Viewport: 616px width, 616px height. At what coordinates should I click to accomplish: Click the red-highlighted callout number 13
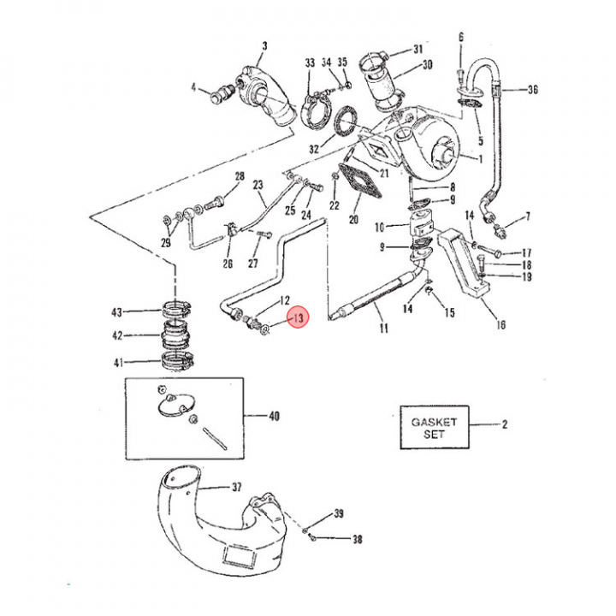(298, 319)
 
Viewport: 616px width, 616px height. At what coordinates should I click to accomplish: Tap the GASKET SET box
(434, 428)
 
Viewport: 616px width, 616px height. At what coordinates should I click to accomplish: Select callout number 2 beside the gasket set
(505, 424)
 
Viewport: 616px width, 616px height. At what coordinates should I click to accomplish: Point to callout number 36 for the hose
(532, 89)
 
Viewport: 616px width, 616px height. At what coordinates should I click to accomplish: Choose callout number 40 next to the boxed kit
(274, 417)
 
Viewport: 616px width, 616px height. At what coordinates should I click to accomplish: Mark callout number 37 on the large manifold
(237, 488)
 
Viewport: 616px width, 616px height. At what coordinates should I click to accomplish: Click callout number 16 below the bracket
(500, 325)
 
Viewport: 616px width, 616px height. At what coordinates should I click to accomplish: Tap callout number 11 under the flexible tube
(383, 329)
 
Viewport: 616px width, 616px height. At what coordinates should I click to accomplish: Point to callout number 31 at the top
(418, 49)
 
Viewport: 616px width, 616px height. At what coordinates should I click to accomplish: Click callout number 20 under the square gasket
(352, 220)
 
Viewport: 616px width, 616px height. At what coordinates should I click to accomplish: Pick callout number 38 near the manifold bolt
(358, 539)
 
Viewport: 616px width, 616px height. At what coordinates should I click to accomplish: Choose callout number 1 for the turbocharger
(480, 158)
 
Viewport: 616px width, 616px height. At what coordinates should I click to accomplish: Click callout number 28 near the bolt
(240, 177)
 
